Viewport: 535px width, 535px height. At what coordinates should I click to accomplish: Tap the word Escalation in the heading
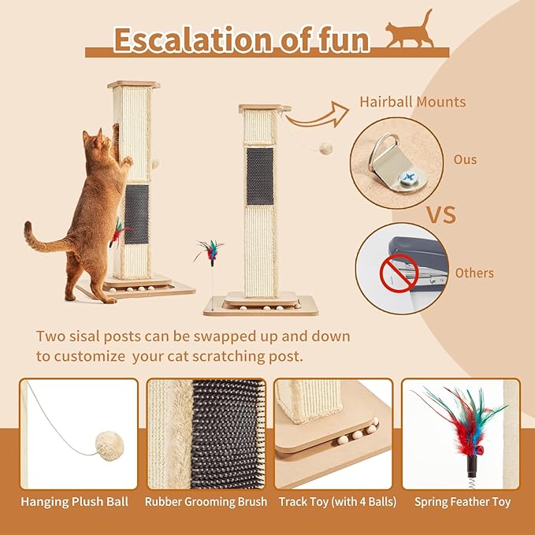point(179,39)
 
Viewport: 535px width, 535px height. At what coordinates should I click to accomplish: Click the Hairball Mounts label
point(412,102)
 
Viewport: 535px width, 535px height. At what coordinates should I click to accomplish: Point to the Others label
point(474,273)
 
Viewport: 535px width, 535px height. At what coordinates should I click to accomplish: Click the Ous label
point(465,160)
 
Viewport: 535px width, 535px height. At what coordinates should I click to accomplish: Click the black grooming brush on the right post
point(259,174)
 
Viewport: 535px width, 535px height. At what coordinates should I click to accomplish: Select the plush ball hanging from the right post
point(325,148)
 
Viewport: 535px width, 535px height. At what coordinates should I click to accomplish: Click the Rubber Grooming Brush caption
point(206,501)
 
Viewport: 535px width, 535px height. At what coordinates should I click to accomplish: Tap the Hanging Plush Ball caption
point(78,501)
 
